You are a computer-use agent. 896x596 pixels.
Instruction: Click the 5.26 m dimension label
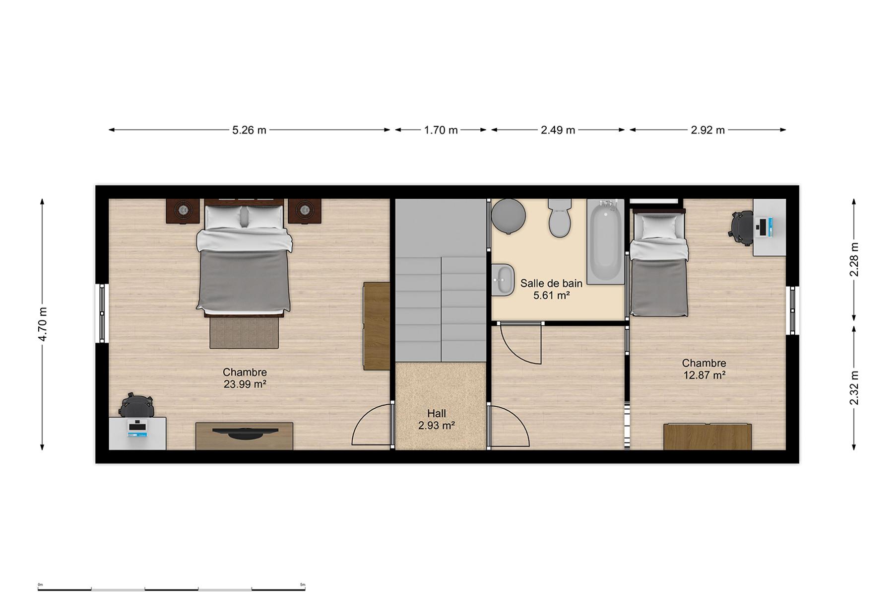[249, 130]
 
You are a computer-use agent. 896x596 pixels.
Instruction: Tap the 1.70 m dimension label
[441, 130]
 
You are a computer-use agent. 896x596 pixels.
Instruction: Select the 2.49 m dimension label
[558, 130]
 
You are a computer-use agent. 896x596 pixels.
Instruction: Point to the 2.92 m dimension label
[707, 130]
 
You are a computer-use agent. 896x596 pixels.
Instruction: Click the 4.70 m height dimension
[43, 324]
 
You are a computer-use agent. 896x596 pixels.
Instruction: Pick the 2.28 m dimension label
[854, 259]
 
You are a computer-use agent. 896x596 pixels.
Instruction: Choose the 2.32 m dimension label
[854, 388]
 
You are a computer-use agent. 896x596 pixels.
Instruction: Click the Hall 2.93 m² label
[437, 419]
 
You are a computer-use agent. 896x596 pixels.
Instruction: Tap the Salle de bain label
[551, 284]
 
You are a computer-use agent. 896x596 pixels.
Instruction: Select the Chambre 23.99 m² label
[245, 377]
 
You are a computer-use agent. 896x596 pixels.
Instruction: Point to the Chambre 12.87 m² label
[704, 369]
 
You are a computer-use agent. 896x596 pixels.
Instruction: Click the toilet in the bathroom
[560, 218]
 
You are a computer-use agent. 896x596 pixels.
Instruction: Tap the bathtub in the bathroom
[605, 241]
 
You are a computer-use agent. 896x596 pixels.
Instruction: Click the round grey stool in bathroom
[509, 216]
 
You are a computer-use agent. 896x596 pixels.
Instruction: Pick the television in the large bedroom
[245, 433]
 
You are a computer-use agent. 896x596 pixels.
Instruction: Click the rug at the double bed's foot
[244, 332]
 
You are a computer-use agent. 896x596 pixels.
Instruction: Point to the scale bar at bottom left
[172, 588]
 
